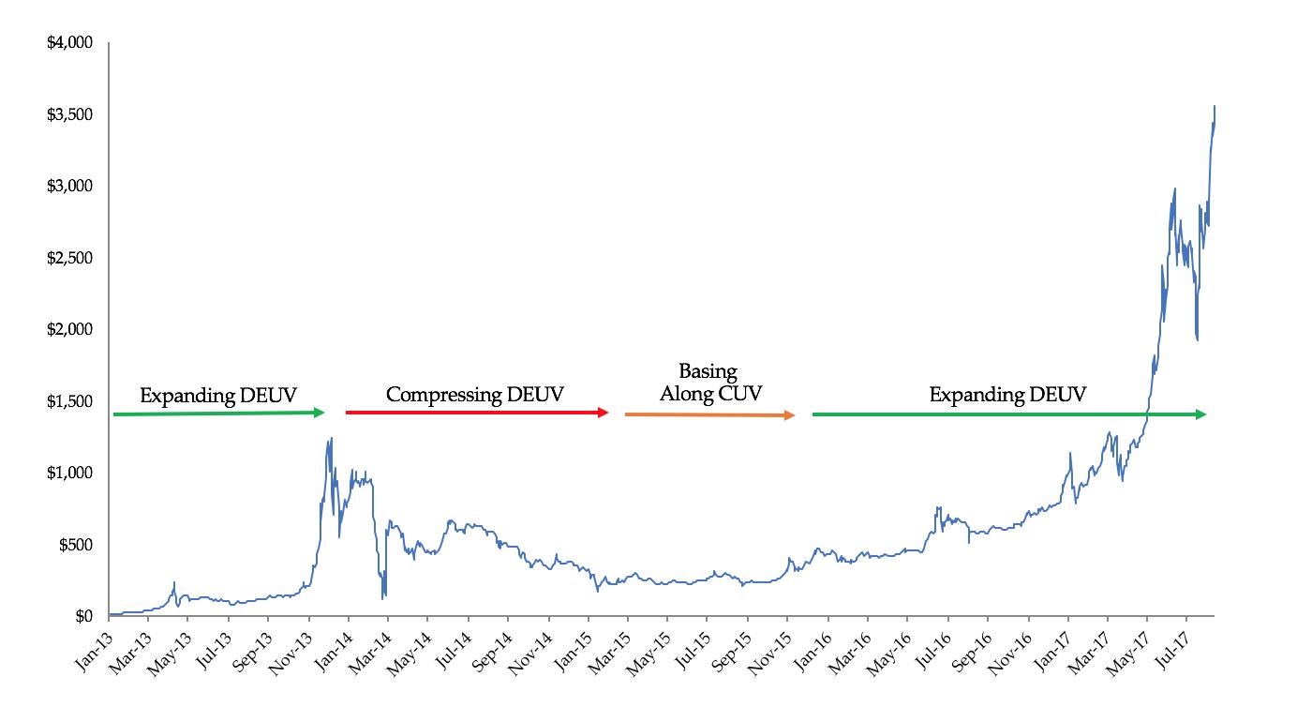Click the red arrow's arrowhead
point(604,413)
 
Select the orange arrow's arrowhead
point(790,415)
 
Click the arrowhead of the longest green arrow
point(1201,414)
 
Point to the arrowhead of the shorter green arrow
point(320,413)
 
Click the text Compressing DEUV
point(475,395)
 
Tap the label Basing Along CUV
point(708,383)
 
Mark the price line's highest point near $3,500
point(1215,107)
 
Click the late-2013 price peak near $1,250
point(331,438)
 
